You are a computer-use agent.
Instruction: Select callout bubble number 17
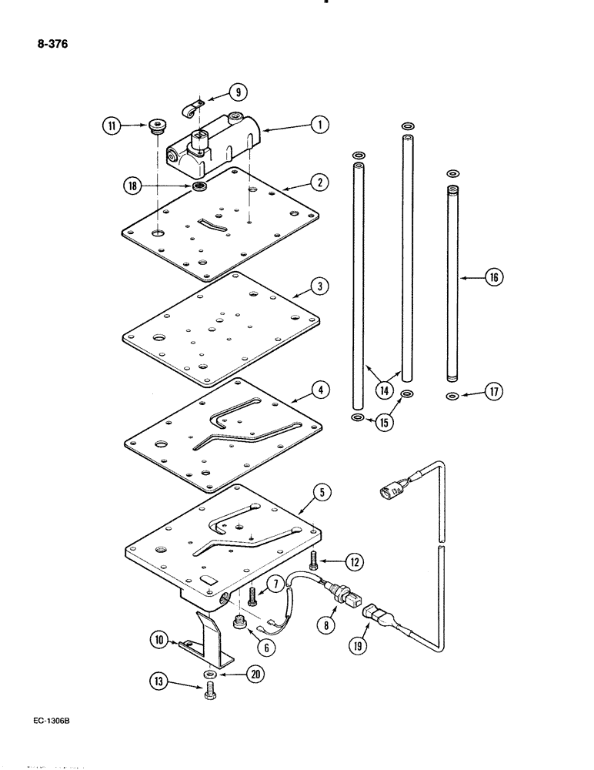click(x=494, y=393)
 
